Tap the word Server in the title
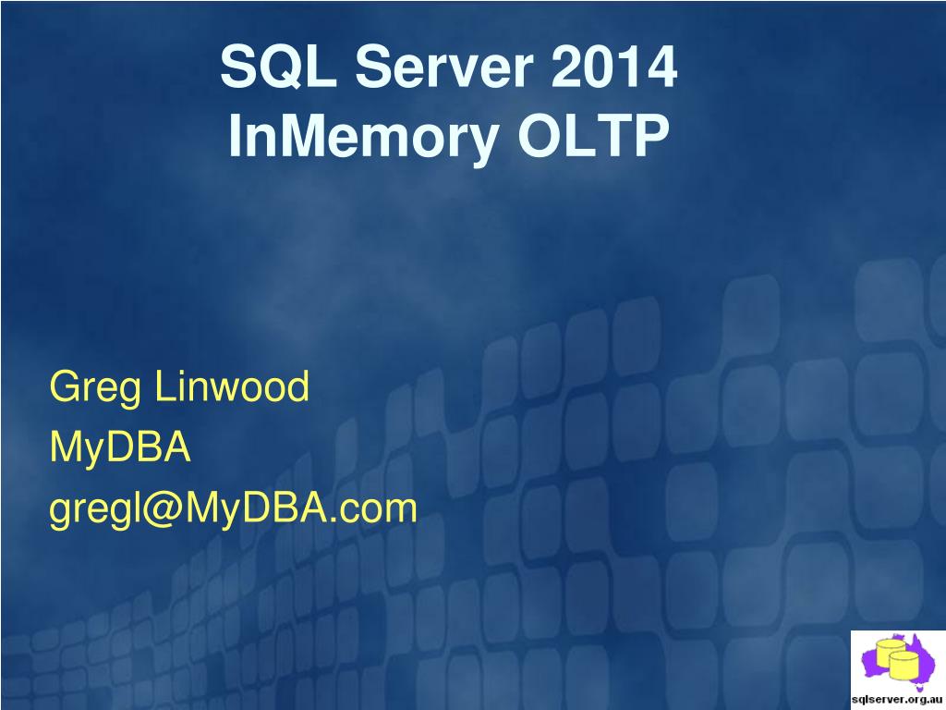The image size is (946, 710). tap(444, 67)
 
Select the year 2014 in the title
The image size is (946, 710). tap(613, 67)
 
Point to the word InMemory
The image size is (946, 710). tap(363, 138)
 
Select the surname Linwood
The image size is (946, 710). tap(232, 386)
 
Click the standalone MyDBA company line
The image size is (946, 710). tap(120, 448)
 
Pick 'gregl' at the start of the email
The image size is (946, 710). tap(95, 510)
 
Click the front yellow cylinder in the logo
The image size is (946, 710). tap(904, 665)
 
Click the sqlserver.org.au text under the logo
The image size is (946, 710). tap(897, 700)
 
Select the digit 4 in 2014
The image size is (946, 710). tap(659, 67)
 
